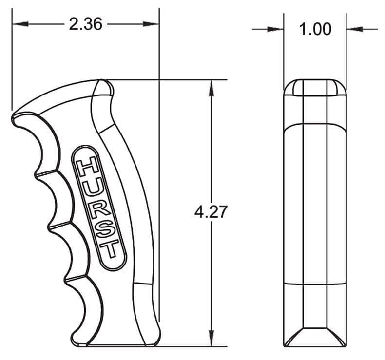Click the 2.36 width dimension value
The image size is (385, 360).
coord(85,24)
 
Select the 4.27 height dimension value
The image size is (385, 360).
coord(211,212)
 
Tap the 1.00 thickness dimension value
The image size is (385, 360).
coord(315,29)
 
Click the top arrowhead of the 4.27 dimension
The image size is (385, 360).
coord(211,86)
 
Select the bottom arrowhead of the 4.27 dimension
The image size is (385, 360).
coord(211,340)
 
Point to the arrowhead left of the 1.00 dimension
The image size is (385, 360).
coord(277,29)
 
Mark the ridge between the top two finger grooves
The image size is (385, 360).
coord(38,171)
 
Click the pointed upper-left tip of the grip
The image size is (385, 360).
coord(13,117)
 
